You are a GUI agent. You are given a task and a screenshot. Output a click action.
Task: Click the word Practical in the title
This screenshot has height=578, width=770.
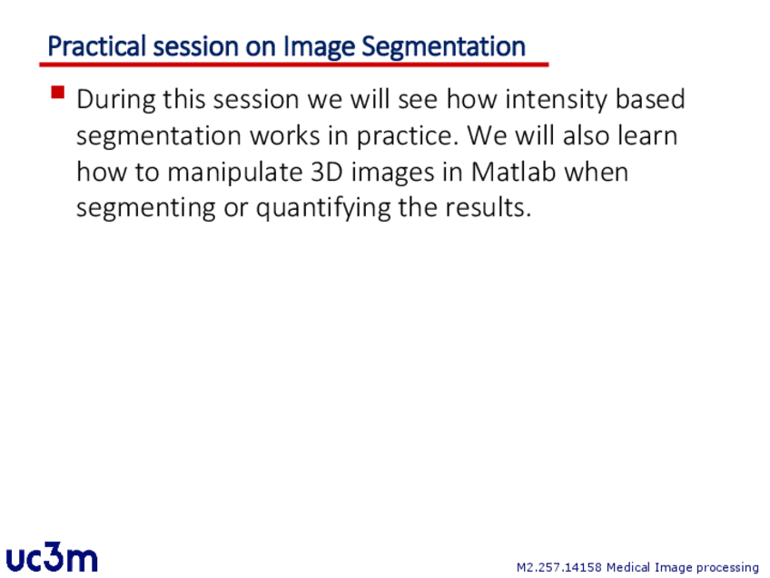(x=97, y=47)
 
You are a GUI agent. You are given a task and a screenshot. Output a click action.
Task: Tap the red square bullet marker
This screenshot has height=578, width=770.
(x=58, y=93)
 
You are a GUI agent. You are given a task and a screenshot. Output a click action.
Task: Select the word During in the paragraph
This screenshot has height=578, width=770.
(x=116, y=100)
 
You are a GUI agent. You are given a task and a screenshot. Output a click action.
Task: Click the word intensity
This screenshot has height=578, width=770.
(x=556, y=100)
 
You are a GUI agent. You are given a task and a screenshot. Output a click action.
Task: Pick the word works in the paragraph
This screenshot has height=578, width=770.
(x=285, y=135)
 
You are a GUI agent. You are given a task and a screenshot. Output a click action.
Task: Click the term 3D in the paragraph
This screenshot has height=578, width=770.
(x=327, y=172)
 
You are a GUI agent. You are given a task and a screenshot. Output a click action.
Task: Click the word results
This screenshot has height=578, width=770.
(x=489, y=207)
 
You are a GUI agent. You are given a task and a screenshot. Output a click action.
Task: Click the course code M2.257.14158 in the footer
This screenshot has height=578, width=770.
(x=558, y=567)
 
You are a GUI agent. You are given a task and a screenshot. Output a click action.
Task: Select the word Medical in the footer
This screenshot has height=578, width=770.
(x=628, y=567)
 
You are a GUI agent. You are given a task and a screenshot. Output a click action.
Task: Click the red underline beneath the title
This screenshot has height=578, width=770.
(x=293, y=65)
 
